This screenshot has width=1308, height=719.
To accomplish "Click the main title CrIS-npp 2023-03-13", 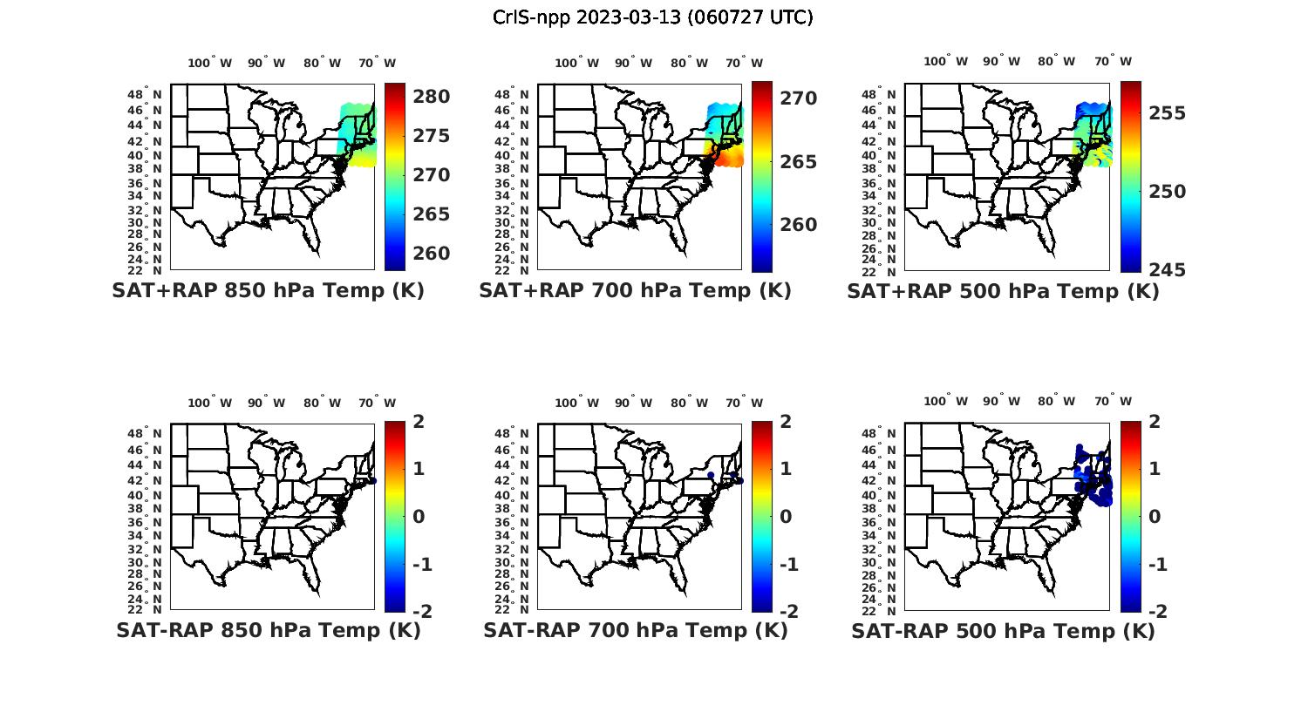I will click(652, 17).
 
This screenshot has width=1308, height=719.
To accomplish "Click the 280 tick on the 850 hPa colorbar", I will click(431, 97).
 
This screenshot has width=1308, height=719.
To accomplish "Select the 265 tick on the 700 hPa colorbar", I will click(798, 162).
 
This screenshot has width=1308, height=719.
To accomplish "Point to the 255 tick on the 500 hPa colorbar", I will click(1167, 113).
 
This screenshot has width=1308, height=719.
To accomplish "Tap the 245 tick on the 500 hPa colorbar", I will click(1167, 270).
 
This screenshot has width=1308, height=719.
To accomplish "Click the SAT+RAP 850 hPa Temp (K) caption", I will click(268, 291).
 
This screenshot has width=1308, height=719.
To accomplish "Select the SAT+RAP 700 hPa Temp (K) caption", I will click(635, 291).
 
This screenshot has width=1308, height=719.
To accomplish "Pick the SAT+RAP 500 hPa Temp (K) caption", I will click(1003, 292).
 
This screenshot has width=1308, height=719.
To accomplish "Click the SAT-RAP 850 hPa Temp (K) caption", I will click(268, 630).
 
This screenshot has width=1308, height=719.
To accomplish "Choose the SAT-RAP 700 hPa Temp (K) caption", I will click(635, 630).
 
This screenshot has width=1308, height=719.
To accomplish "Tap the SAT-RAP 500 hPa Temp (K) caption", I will click(1003, 631).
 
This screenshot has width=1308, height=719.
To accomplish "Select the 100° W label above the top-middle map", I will click(576, 63).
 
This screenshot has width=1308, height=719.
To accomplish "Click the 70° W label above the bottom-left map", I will click(377, 403).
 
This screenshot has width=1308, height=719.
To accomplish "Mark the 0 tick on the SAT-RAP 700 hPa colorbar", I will click(786, 517).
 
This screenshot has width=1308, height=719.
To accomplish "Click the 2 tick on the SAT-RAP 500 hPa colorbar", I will click(1155, 422).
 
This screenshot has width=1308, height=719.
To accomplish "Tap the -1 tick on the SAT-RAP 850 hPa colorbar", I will click(421, 565).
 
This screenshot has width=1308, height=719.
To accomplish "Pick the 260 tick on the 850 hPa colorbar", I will click(431, 254).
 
